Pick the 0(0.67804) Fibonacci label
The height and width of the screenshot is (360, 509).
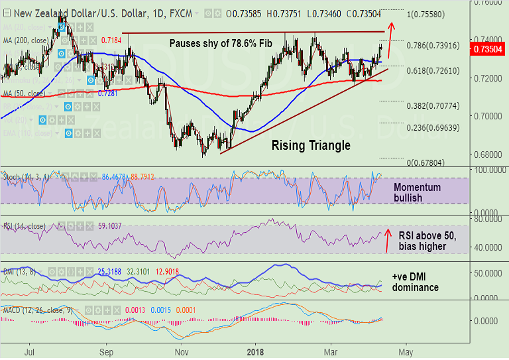tap(431, 162)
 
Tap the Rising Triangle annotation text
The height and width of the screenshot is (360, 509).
tap(311, 145)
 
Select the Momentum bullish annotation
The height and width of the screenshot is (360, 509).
tap(417, 192)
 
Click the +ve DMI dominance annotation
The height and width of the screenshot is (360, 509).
tap(415, 282)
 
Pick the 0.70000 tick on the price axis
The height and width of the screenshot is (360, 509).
tap(488, 115)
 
